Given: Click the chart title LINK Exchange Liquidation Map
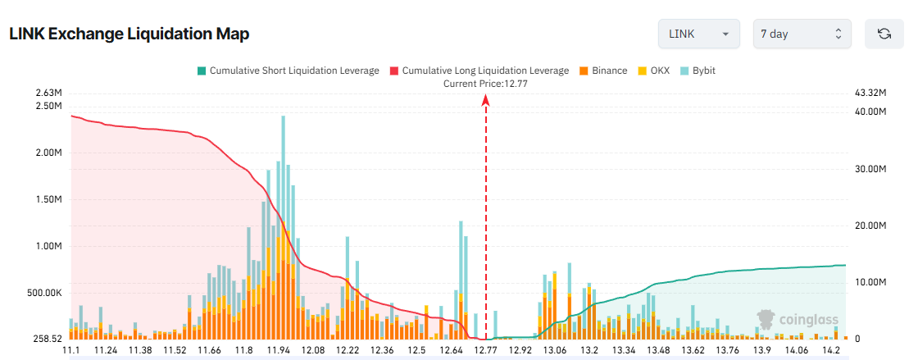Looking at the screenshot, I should pos(129,34).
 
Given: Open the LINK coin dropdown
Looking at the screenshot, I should pos(698,34).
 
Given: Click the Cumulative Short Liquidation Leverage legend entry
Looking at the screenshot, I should pos(288,71).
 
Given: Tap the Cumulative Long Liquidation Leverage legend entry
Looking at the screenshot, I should pos(479,71).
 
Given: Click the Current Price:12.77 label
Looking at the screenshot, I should pos(485,84).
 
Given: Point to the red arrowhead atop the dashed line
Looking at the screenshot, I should pos(486,100).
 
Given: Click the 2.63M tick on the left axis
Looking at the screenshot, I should pos(48,93).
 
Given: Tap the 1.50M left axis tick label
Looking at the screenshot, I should pos(48,199).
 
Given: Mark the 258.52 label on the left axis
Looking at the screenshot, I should pos(47,339).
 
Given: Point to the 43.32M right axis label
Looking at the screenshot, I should pos(870,93).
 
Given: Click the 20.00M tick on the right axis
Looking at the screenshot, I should pos(870,226).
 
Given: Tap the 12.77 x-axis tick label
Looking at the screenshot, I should pos(486,351).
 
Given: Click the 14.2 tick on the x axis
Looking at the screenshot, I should pos(832,351).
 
